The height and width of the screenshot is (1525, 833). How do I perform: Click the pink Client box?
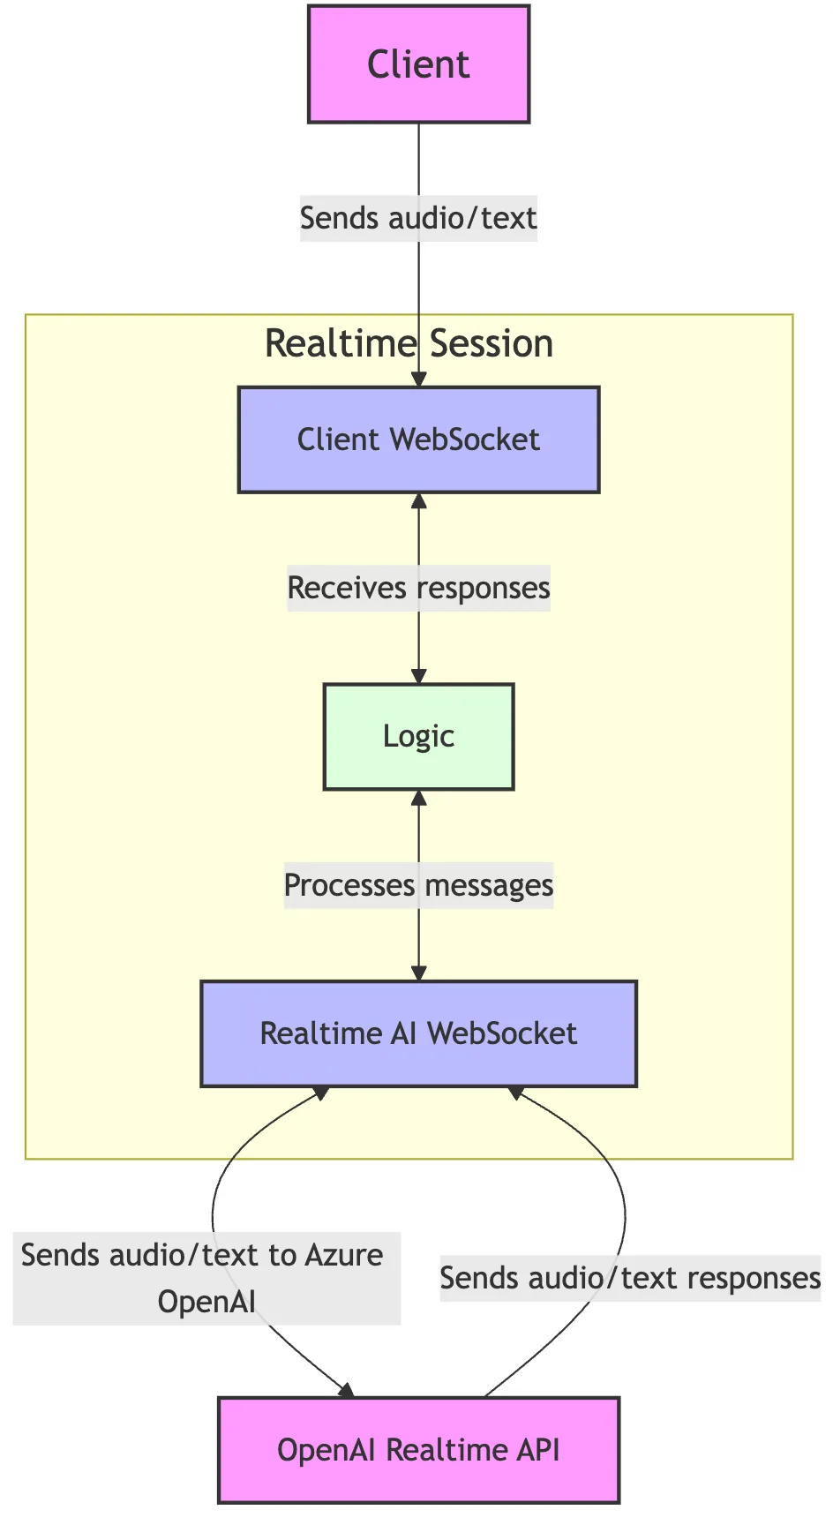point(418,64)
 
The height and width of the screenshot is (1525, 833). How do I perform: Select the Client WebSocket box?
point(418,439)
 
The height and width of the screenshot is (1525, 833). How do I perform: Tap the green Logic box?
point(418,736)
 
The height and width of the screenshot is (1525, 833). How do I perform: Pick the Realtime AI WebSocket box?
point(418,1033)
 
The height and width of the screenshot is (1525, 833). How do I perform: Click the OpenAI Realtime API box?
point(418,1450)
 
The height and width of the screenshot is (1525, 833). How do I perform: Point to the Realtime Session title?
point(409,343)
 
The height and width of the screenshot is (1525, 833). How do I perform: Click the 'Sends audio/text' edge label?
point(418,218)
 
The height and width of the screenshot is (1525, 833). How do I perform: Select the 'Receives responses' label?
point(418,588)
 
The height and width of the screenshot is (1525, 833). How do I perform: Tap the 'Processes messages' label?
point(418,885)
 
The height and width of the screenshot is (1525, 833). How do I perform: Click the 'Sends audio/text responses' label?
point(630,1278)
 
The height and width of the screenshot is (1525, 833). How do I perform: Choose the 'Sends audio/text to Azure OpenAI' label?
point(206,1278)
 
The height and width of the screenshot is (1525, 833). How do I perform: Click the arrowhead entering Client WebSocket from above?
point(419,379)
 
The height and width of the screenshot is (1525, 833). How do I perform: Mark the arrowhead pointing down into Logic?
point(419,676)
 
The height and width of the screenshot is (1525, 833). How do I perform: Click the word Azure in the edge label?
point(344,1255)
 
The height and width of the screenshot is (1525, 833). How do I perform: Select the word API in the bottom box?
point(537,1450)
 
